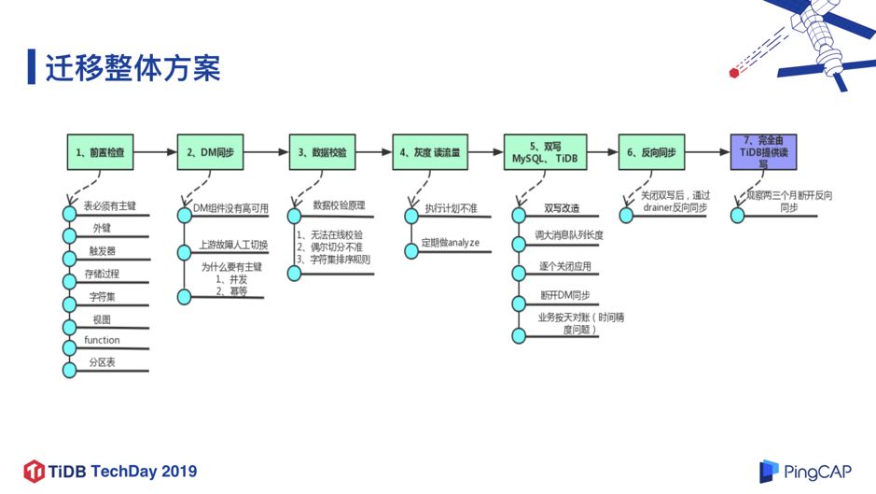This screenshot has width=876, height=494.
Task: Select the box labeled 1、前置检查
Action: click(x=101, y=151)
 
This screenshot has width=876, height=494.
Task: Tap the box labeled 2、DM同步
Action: click(x=214, y=151)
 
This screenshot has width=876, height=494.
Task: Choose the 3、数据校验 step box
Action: click(x=322, y=151)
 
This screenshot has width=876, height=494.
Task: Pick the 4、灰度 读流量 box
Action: click(x=429, y=151)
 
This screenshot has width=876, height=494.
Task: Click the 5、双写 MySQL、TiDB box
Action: click(x=544, y=151)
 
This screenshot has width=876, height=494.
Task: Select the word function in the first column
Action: click(x=102, y=340)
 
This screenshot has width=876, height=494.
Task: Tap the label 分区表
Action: click(x=102, y=361)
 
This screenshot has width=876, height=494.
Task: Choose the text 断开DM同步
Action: click(x=565, y=295)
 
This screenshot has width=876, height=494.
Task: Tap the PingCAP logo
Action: click(x=803, y=471)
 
